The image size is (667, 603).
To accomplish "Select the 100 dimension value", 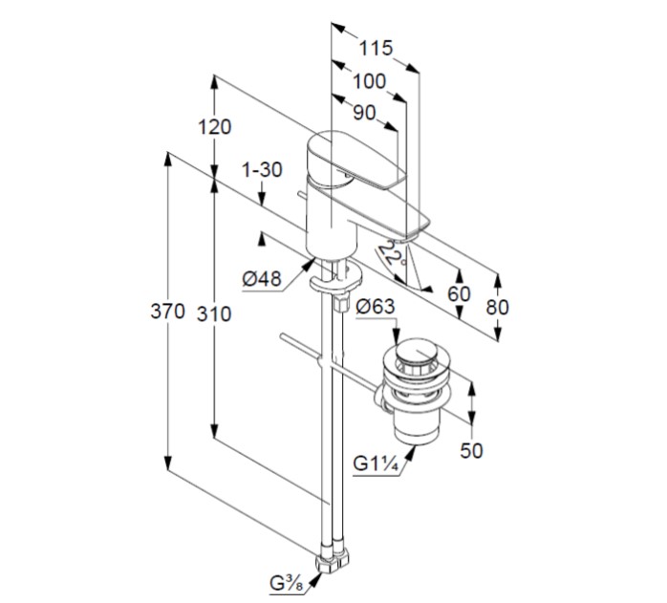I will (368, 81).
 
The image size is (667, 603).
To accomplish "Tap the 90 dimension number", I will (363, 113).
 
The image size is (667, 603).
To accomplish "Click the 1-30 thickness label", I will (263, 170).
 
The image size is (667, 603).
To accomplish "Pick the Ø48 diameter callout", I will (261, 279).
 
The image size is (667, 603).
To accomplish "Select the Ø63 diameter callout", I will (376, 308).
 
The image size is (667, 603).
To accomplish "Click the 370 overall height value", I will (168, 312).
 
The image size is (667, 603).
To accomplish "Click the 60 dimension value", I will (460, 293).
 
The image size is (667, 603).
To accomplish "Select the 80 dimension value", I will (498, 307).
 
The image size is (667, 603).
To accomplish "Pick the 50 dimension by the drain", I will (471, 452).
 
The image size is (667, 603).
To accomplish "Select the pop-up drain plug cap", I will (412, 358).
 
